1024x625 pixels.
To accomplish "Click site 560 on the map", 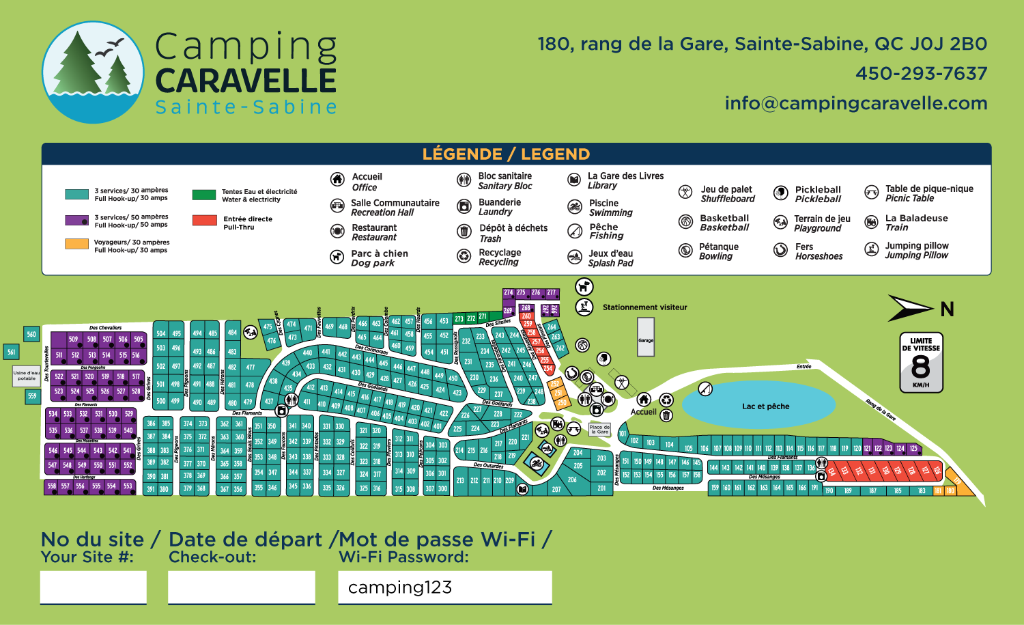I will coord(31,334).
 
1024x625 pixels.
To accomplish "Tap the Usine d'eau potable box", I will coord(27,376).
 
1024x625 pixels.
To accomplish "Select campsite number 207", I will coord(556,489).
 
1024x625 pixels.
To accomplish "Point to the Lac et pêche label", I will coord(765,406).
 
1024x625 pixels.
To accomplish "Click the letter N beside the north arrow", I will coord(947,309).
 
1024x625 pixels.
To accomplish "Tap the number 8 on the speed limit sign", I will coord(920,367).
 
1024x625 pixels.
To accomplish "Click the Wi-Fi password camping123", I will coord(400,587).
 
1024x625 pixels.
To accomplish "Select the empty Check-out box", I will coord(242,587).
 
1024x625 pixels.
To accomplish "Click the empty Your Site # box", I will coord(94,587).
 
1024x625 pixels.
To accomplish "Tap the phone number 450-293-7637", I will coord(921,73).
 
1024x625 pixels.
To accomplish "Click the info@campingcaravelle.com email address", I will coord(856,103).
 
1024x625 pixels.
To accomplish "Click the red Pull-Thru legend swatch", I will coord(205,220).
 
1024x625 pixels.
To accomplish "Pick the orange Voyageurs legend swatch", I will coord(76,244).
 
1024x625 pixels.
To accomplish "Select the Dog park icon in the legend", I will coord(337,257).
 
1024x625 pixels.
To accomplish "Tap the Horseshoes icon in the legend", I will coord(780,250).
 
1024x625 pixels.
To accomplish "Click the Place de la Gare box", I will coord(599,430).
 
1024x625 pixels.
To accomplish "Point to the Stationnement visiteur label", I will coord(644,307).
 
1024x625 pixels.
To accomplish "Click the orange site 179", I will coord(957,481).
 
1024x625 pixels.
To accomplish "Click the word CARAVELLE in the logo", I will coord(246,81).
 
